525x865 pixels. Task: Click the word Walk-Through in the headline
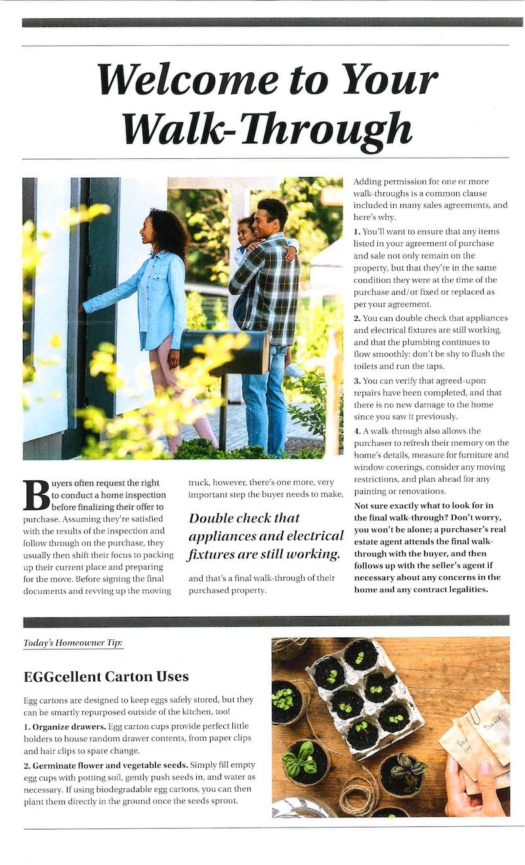point(267,129)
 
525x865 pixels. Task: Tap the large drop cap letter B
point(36,496)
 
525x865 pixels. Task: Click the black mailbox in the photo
point(225,352)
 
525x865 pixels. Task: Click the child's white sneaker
point(294,370)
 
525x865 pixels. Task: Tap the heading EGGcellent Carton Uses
point(106,676)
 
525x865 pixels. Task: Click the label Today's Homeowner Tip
point(73,643)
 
